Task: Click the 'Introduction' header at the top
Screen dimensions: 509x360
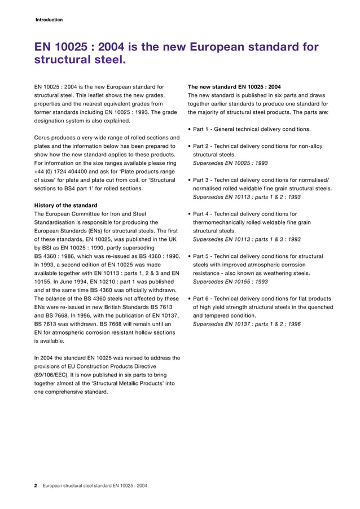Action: tap(49, 20)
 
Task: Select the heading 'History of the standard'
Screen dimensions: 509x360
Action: tap(65, 205)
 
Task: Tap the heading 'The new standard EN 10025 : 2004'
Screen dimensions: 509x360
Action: tap(234, 87)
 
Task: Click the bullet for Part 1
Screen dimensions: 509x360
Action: tap(189, 130)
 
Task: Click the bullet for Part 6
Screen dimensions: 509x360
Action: tap(189, 299)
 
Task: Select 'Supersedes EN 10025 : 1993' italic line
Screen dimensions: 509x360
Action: tap(230, 163)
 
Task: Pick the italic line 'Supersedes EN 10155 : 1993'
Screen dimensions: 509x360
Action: tap(230, 282)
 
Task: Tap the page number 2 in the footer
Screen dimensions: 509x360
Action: tap(36, 485)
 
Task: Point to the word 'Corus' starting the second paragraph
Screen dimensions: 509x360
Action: tap(43, 138)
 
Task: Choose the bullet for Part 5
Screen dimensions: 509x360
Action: tap(189, 256)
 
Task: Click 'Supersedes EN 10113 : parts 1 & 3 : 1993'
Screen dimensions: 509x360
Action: tap(247, 239)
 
